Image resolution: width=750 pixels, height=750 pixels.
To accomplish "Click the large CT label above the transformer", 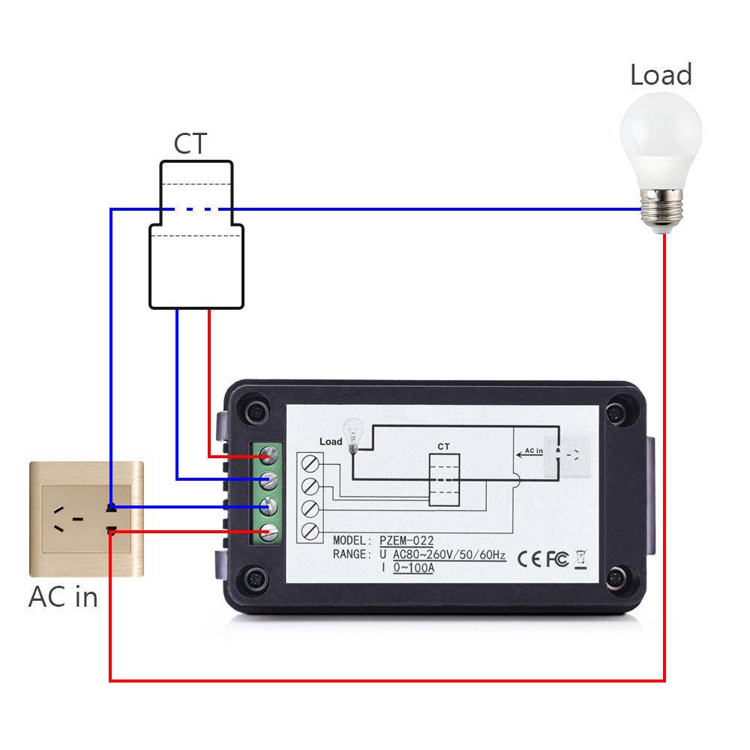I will coord(190,143).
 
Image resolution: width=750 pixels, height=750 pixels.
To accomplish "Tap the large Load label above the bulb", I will coord(660,75).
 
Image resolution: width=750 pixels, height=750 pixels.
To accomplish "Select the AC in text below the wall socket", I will coord(63,597).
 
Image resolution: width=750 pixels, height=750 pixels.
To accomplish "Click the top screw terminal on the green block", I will coord(270,454).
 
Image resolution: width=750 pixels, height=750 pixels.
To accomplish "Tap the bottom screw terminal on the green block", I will coord(270,532).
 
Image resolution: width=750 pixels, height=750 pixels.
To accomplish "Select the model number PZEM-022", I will coord(406,541).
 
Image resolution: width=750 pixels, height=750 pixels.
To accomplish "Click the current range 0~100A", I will coord(413,568).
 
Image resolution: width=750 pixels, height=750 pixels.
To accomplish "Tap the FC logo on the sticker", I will coord(556,559).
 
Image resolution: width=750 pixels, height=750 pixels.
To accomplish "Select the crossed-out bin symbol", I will coord(580,559).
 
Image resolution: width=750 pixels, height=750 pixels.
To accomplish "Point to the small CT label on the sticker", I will coord(443,446).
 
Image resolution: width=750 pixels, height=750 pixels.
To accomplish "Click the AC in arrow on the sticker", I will coord(530,453).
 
